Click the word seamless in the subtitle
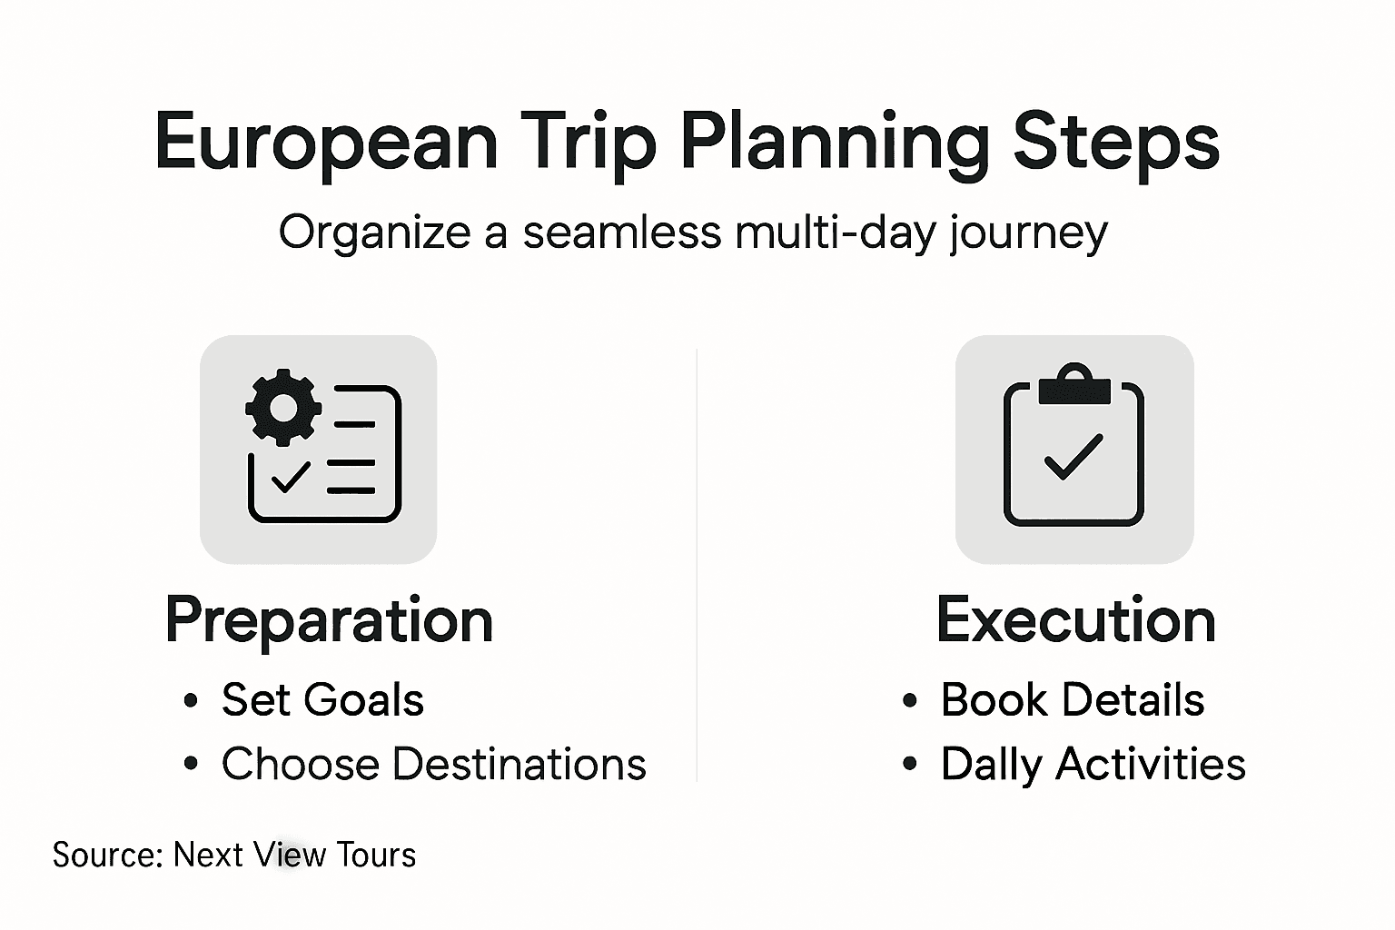click(x=621, y=232)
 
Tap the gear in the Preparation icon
click(x=283, y=407)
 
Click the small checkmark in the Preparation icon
click(x=290, y=476)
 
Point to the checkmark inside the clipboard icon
click(x=1073, y=456)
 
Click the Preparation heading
click(x=329, y=621)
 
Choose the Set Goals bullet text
click(x=322, y=700)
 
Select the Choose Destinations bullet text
click(x=433, y=765)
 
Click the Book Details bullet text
click(x=1072, y=700)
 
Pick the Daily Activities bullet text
click(x=1093, y=765)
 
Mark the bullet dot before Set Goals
click(x=190, y=701)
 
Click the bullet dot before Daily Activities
click(x=909, y=765)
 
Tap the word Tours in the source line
click(x=376, y=856)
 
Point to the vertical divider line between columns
click(x=697, y=563)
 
